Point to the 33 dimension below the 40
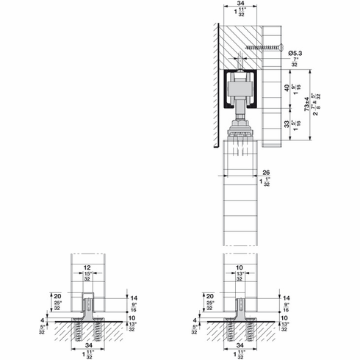click(x=288, y=124)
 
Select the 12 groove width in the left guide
click(x=87, y=268)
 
